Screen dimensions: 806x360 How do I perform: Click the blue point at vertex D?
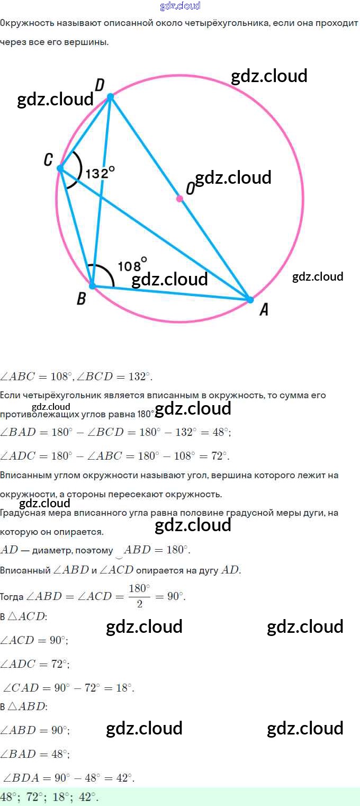110,97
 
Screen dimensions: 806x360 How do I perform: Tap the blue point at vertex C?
60,168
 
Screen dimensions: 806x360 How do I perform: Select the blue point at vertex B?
93,285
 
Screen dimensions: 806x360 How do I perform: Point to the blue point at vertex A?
250,299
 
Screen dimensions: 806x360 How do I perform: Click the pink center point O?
179,199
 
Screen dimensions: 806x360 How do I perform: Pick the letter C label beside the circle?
48,159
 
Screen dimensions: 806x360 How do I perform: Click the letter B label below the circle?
81,299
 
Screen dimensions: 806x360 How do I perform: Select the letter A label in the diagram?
263,310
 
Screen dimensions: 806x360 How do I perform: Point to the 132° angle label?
100,173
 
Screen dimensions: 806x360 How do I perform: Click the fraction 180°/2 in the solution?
140,596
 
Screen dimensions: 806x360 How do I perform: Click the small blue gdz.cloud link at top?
180,6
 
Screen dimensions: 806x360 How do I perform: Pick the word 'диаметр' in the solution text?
50,551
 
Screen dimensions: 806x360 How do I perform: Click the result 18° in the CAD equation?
124,688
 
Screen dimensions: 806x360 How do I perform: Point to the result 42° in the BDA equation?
124,778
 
